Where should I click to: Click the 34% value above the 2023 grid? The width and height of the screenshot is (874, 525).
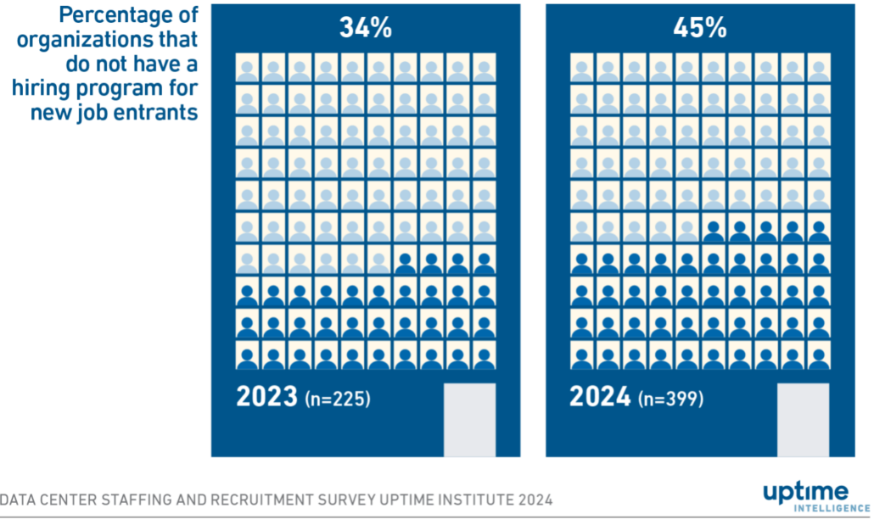[x=366, y=28]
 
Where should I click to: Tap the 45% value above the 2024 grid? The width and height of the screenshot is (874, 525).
[x=699, y=28]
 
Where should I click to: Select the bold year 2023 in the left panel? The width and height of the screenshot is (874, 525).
[x=266, y=397]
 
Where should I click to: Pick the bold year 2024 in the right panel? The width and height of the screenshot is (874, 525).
[x=600, y=397]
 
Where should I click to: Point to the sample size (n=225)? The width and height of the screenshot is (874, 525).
[x=337, y=399]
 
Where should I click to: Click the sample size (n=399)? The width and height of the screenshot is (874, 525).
[x=670, y=399]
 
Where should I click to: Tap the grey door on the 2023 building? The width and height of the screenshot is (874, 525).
[x=469, y=419]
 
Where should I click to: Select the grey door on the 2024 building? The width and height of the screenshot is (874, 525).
[x=803, y=419]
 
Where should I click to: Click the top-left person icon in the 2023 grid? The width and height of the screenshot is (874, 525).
[x=247, y=69]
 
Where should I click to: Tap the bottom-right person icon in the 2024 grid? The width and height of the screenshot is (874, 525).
[x=818, y=355]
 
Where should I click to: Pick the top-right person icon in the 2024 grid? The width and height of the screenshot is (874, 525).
[x=818, y=69]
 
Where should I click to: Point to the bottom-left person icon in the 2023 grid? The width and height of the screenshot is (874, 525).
[x=247, y=355]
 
